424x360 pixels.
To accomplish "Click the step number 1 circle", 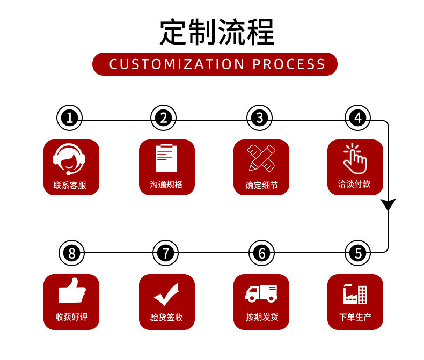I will (70, 117).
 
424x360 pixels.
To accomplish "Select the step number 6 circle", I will (261, 252).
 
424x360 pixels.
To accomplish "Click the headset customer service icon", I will (70, 159).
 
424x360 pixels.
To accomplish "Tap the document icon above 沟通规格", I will (166, 158).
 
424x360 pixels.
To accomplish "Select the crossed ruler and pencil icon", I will (261, 158).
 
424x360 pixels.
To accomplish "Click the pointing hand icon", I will (355, 157).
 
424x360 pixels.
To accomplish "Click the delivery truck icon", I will (261, 293).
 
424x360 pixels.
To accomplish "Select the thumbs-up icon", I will (71, 291).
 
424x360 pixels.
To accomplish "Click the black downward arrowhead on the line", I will (388, 204).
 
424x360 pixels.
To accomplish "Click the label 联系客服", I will (70, 186).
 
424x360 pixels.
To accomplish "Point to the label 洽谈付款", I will (355, 184).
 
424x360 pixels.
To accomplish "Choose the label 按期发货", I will (262, 317).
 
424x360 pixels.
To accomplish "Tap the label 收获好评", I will (71, 317).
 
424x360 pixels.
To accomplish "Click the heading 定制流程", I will (217, 32).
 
